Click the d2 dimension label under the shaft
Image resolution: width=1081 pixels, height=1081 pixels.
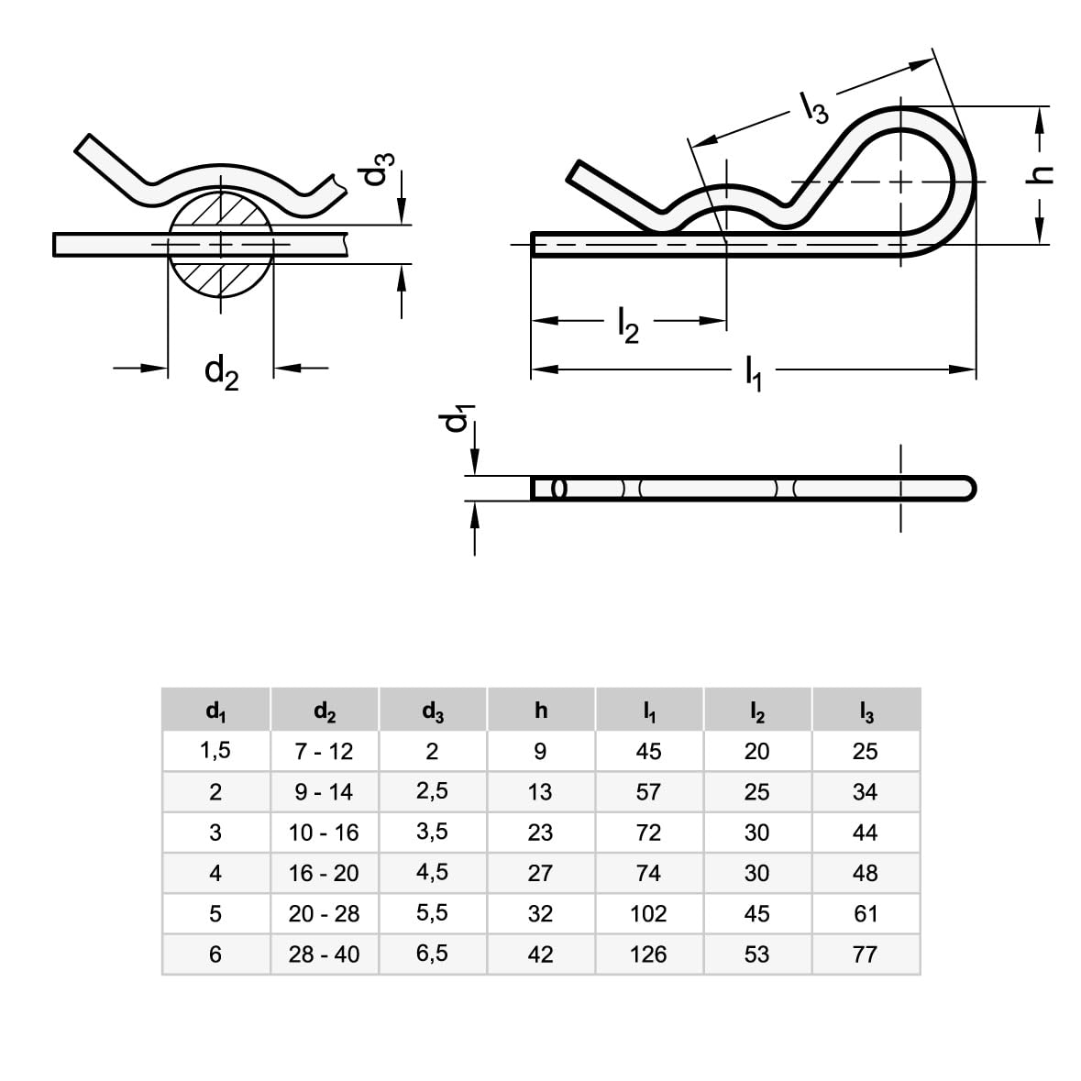[x=221, y=371]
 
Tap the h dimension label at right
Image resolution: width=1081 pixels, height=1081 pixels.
[x=1041, y=176]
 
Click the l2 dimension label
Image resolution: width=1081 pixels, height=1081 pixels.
[x=628, y=325]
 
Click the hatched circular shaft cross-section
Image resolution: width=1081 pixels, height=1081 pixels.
[x=220, y=244]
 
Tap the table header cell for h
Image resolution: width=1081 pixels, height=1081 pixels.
[x=541, y=710]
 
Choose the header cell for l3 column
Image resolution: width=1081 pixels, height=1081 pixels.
[x=866, y=710]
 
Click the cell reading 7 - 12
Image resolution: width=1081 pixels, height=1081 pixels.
[x=324, y=752]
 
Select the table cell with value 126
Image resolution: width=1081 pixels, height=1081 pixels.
[x=648, y=954]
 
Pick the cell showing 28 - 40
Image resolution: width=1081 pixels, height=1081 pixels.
[x=324, y=954]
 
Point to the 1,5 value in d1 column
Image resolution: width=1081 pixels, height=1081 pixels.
[x=215, y=752]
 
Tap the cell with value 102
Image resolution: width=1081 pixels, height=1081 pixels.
[x=648, y=914]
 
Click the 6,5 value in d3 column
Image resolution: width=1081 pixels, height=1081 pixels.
[x=432, y=954]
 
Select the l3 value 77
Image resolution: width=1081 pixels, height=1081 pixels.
[x=866, y=954]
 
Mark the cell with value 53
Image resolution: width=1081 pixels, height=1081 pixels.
[x=756, y=954]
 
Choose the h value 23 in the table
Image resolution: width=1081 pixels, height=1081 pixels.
[x=540, y=833]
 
